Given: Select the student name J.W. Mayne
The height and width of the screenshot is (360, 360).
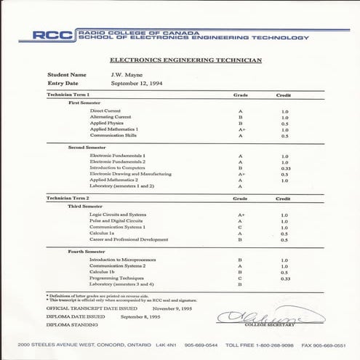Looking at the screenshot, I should coord(126,75).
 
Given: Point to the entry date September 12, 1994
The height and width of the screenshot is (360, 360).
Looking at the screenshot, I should coord(139,84).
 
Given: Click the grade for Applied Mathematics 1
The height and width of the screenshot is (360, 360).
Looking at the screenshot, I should coord(241,129).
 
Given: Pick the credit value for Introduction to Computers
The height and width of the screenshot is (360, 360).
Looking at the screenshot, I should coord(284,168).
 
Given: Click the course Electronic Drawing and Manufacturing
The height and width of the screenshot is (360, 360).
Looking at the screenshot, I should coord(130,175).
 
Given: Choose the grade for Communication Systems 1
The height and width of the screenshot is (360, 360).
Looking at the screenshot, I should coord(240,228).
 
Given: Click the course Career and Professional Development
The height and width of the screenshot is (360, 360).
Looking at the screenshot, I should coord(129,240).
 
